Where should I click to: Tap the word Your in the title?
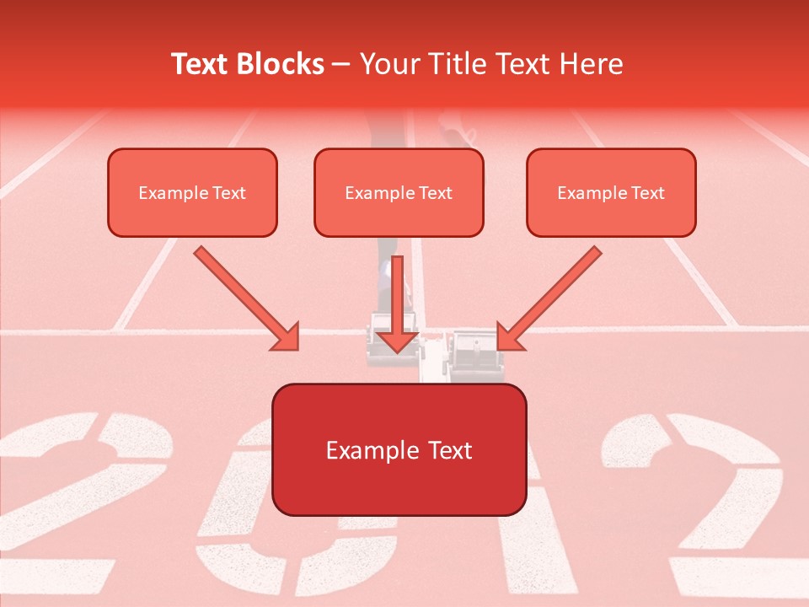pos(385,64)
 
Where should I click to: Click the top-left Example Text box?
pos(192,192)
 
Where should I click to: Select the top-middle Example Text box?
pos(399,192)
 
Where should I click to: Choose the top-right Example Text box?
pos(611,192)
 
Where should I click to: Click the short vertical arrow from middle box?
pos(398,303)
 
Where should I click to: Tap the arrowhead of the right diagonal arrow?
pos(511,337)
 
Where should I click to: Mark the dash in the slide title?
pos(341,65)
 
